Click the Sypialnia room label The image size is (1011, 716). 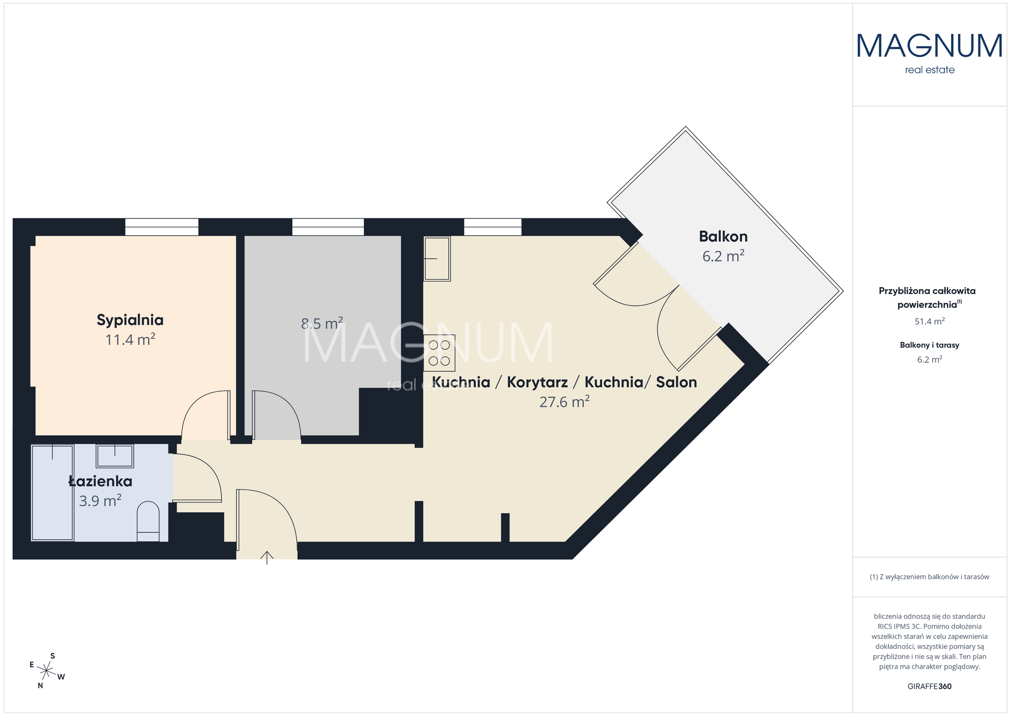130,320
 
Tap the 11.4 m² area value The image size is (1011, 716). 130,339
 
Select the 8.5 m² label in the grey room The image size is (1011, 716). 322,324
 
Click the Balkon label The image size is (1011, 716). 723,237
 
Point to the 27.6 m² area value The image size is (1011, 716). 565,402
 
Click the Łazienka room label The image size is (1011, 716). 100,481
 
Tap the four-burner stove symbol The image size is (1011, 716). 439,353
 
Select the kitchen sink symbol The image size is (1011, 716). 437,258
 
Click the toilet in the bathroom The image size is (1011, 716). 148,521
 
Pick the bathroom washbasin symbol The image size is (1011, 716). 115,456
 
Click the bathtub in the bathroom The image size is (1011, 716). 52,493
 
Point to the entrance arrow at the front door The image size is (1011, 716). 267,557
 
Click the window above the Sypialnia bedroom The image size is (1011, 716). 162,227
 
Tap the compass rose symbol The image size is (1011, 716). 47,671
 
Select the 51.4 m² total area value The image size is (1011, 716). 930,322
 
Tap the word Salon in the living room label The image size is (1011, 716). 676,382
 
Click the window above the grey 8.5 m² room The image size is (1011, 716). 328,227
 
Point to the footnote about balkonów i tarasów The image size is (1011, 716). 930,577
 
